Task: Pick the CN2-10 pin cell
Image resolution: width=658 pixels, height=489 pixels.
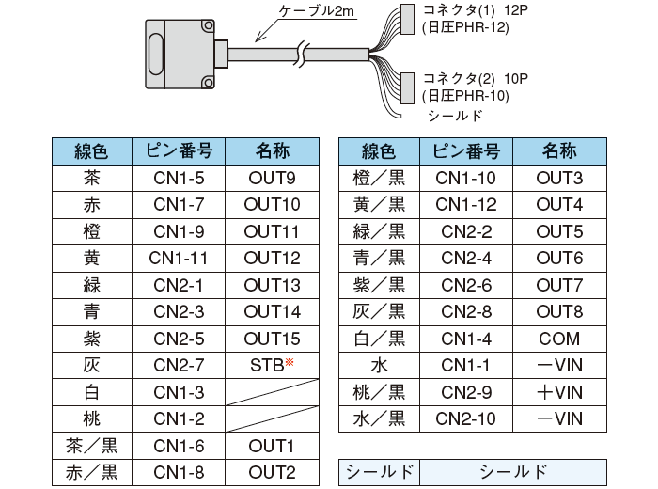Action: (x=467, y=419)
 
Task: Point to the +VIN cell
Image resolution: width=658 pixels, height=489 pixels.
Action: (x=558, y=392)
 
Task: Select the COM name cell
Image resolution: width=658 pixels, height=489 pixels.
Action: (x=558, y=339)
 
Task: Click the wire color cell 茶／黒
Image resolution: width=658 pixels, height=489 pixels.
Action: (x=92, y=446)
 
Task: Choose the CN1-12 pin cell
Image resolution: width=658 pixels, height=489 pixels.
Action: (x=467, y=204)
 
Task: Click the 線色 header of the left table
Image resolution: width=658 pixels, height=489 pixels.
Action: (x=92, y=150)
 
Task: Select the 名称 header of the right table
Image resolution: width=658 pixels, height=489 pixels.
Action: (x=558, y=150)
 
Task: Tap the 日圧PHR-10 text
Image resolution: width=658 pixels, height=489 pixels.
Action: (x=466, y=96)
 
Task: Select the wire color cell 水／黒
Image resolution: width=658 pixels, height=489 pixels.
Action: (x=378, y=419)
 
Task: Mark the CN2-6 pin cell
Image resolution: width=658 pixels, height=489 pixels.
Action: (x=467, y=285)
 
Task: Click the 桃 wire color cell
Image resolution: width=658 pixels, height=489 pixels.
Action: (x=92, y=419)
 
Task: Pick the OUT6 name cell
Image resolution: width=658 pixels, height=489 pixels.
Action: (x=558, y=258)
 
